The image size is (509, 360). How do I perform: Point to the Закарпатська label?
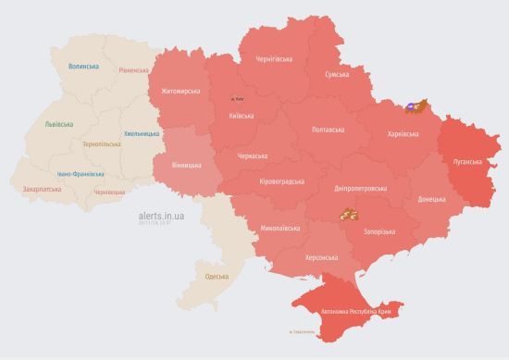43,189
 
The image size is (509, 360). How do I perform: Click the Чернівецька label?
109,192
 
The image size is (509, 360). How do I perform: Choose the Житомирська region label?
181,91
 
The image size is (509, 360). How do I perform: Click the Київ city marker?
237,97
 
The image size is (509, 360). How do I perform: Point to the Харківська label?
405,135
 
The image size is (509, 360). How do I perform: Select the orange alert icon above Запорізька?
348,214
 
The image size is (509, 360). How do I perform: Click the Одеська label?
217,277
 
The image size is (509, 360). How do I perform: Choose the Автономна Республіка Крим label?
357,312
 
